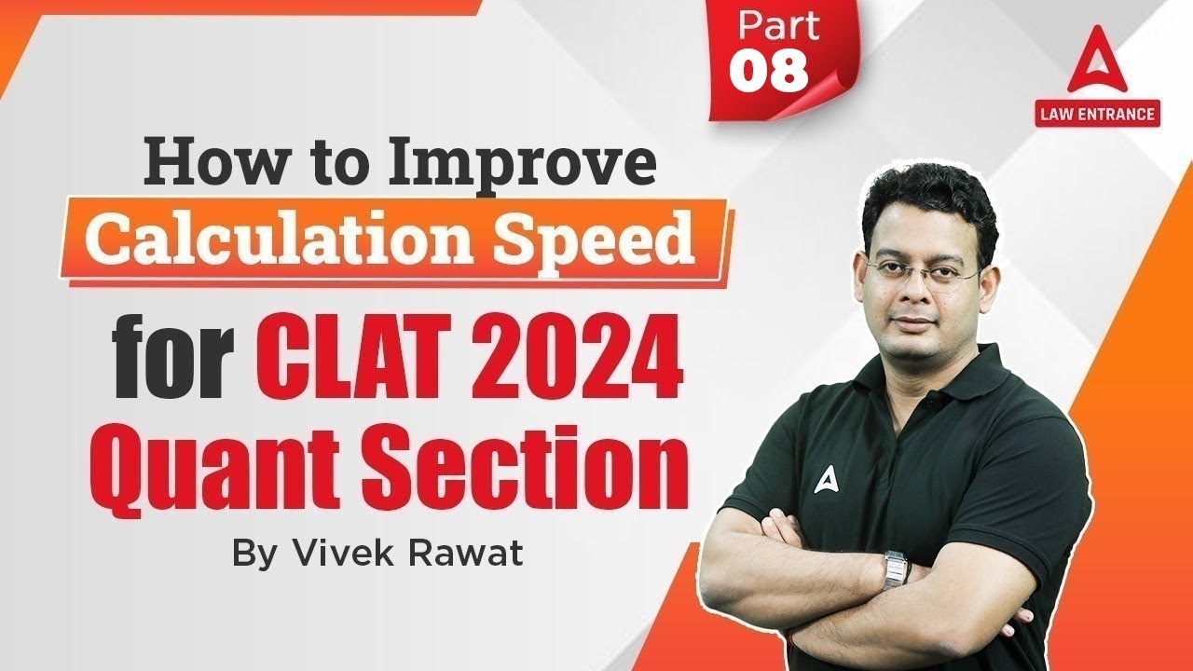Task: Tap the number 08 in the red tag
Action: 769,72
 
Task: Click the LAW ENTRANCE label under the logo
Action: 1097,115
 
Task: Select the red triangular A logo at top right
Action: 1097,69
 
